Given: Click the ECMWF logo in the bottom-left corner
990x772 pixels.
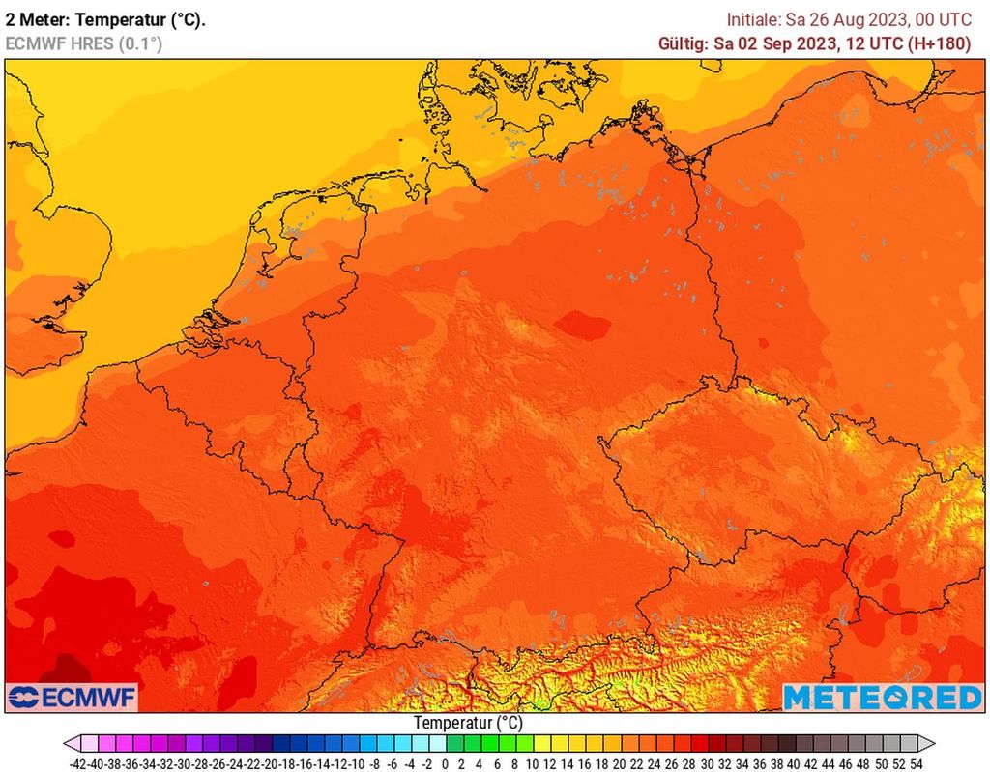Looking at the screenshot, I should pos(72,697).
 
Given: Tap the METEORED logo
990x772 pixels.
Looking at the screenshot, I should pos(882,697).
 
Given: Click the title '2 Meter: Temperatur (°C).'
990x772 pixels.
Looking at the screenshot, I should pos(105,19).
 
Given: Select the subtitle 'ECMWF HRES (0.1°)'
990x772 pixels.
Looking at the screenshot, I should pos(84,43).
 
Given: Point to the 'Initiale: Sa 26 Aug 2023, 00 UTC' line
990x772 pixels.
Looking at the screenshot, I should pos(849,19).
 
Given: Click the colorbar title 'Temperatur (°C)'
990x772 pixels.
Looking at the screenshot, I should pos(468,723).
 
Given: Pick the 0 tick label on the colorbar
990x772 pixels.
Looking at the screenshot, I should pos(443,762).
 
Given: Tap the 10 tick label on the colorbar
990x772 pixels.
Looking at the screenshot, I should pos(531,762).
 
